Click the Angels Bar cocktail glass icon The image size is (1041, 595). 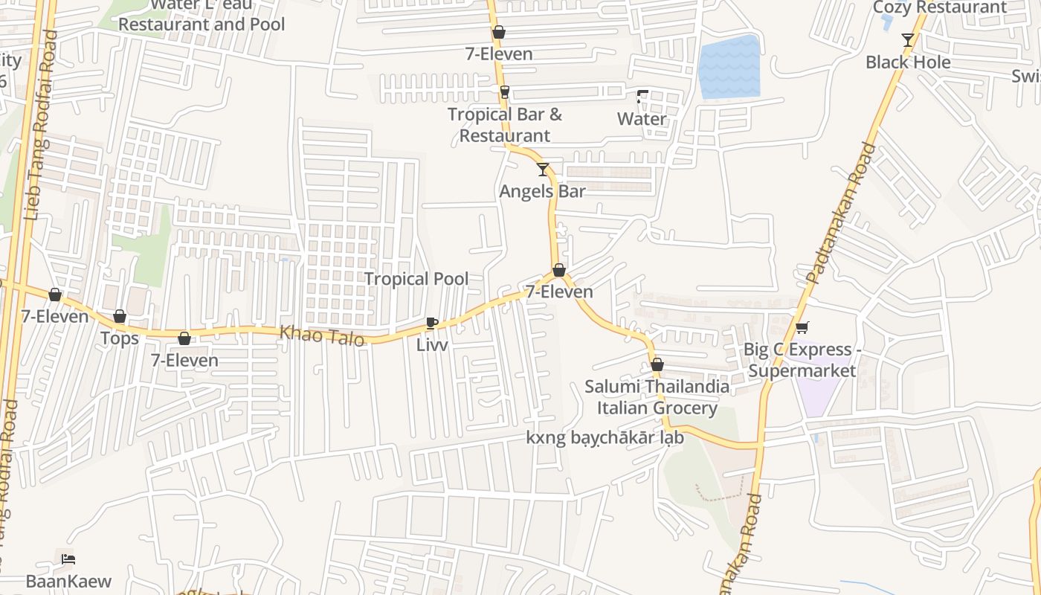pos(543,170)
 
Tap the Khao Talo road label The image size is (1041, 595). pos(322,336)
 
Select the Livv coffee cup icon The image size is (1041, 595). pos(431,323)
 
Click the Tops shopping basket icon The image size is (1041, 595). pos(120,317)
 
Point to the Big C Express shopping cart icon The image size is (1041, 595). pos(802,327)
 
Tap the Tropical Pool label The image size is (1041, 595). pos(416,279)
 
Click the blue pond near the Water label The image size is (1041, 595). pos(729,67)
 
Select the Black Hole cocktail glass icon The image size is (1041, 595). pos(907,40)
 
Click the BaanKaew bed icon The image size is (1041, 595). pos(68,559)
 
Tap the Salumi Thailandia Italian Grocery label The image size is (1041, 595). pos(657,397)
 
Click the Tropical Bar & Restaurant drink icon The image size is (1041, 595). pos(505,91)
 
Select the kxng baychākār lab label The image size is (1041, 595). pos(605,438)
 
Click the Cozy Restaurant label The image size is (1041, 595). pos(939,7)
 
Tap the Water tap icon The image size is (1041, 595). pos(642,97)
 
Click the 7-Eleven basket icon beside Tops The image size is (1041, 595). pos(184,339)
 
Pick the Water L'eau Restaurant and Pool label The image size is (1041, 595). pos(202,16)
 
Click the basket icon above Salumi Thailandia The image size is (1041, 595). pos(657,365)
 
